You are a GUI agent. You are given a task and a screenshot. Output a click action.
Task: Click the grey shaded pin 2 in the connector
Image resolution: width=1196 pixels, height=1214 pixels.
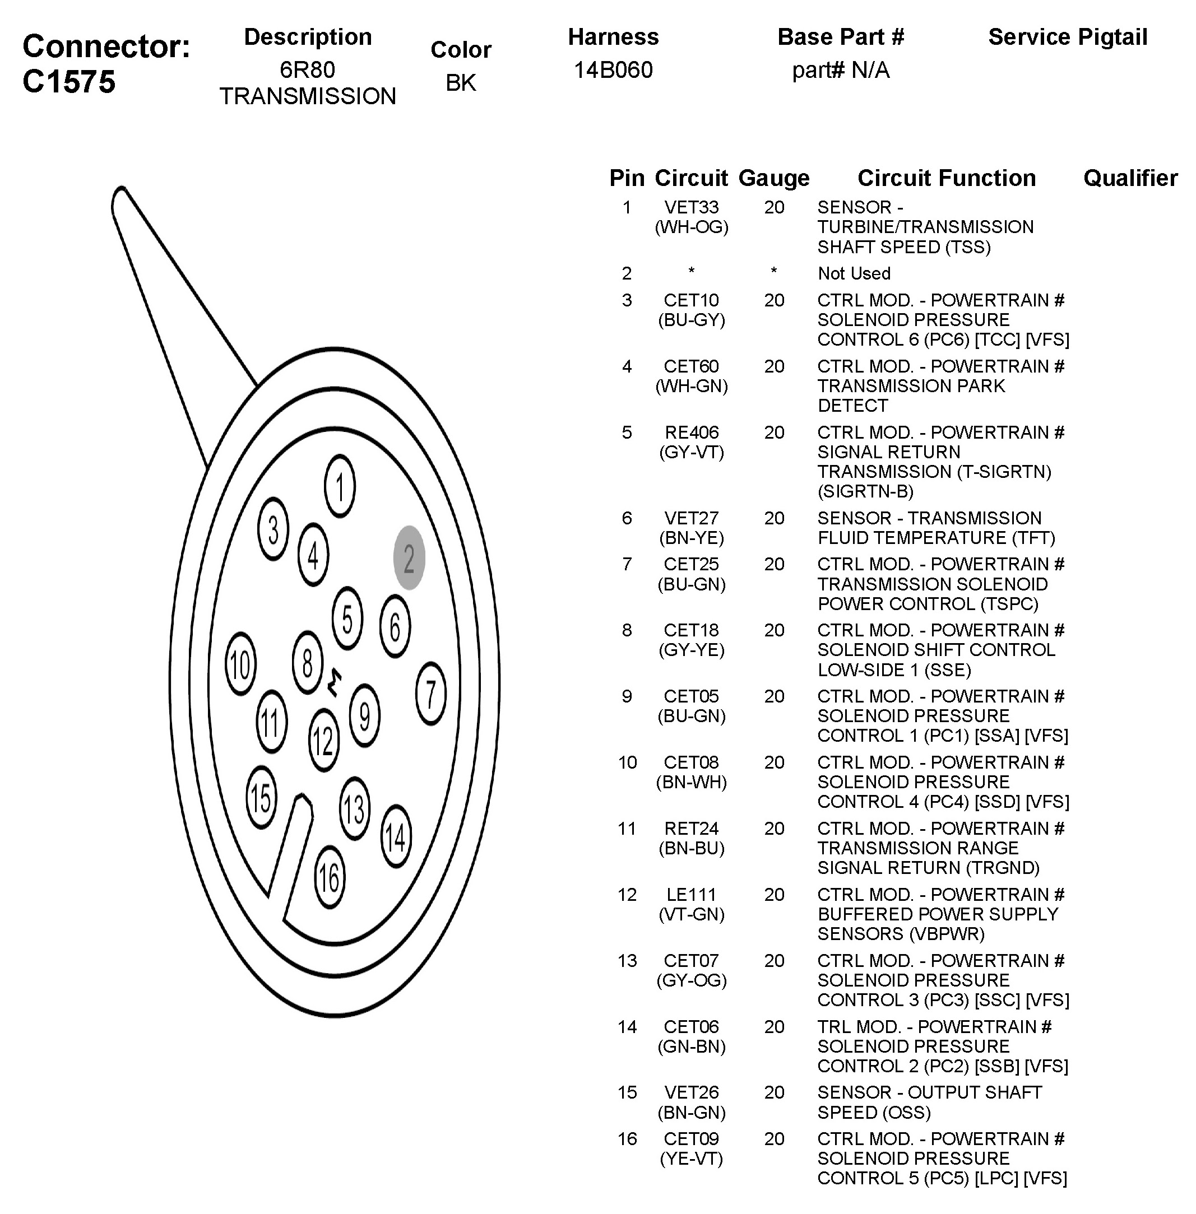pos(409,557)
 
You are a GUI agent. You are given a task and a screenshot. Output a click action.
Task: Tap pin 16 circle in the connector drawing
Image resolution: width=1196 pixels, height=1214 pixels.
pos(329,877)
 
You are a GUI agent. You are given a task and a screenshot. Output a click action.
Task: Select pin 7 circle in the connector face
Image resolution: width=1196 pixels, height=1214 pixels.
pos(431,694)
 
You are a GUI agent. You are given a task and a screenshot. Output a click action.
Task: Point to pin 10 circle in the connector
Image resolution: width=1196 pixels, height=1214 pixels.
pos(240,664)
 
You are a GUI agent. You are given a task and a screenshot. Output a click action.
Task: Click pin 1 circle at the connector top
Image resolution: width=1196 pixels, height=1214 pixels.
pos(340,486)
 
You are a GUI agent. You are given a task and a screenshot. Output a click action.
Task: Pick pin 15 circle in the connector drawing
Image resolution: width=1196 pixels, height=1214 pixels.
pos(261,798)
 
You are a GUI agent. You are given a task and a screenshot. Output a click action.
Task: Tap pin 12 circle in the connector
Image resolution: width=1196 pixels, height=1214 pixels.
pos(323,740)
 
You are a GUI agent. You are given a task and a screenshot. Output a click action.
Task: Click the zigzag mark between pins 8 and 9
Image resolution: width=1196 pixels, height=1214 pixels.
pos(335,683)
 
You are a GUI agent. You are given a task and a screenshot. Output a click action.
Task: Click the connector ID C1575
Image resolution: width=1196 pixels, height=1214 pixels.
pos(69,82)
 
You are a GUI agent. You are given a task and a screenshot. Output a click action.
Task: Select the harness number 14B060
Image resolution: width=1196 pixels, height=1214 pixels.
pos(613,69)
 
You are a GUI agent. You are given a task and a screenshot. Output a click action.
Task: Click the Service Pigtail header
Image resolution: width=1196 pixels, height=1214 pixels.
pos(1067,37)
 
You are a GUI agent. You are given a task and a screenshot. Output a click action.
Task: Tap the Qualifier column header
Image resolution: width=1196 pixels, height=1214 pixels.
pos(1130,178)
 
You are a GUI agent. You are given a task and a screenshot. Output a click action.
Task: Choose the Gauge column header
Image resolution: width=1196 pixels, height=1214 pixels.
pos(774,178)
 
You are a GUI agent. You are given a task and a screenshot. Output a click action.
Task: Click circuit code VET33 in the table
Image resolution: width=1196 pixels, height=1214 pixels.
pos(691,207)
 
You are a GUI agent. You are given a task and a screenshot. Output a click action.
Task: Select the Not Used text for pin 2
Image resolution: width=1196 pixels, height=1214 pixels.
pos(854,274)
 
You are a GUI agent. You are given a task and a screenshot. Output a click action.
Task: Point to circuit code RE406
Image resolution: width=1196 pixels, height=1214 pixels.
pos(691,432)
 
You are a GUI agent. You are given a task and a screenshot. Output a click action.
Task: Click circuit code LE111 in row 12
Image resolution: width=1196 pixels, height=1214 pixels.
pos(691,895)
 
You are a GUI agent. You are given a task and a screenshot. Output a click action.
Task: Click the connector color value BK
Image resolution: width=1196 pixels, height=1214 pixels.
pos(461,83)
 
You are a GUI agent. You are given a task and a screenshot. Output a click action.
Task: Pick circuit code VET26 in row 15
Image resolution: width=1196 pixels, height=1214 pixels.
pos(691,1093)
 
